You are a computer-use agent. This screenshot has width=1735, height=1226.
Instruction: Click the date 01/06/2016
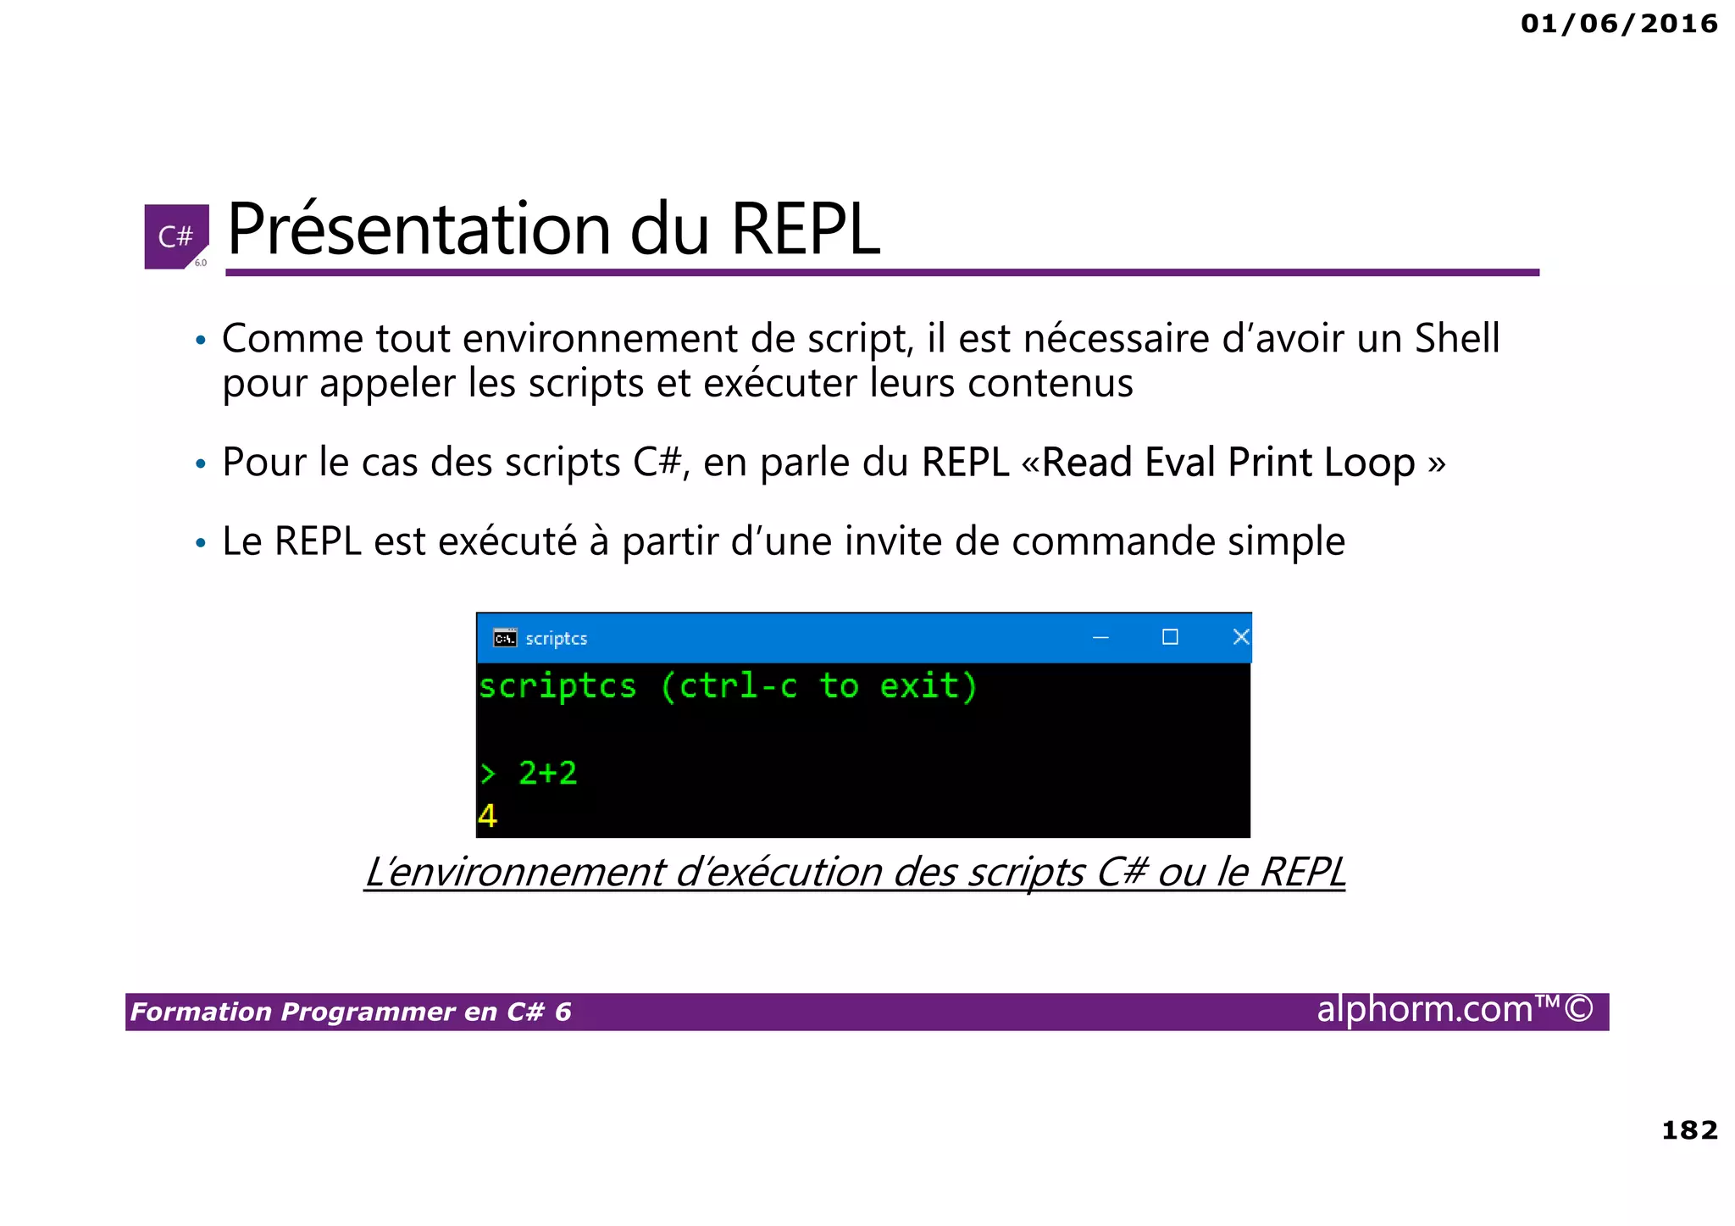click(x=1618, y=24)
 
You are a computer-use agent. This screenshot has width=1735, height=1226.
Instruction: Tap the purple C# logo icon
click(x=176, y=236)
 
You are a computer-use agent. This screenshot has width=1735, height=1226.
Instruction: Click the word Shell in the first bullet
click(x=1457, y=338)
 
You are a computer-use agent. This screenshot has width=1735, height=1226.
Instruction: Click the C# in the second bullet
click(x=657, y=463)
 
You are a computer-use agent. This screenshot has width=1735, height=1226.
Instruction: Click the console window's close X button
click(x=1240, y=637)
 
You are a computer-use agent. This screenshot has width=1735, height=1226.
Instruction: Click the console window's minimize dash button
click(x=1100, y=637)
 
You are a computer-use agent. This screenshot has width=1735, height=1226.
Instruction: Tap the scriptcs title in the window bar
click(x=556, y=639)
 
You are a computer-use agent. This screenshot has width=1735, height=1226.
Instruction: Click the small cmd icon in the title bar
click(x=505, y=638)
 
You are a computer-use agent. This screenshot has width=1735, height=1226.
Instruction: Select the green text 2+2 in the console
click(x=547, y=773)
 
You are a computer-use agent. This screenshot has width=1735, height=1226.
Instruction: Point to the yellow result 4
click(x=488, y=816)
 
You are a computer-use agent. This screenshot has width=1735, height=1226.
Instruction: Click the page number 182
click(x=1688, y=1130)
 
